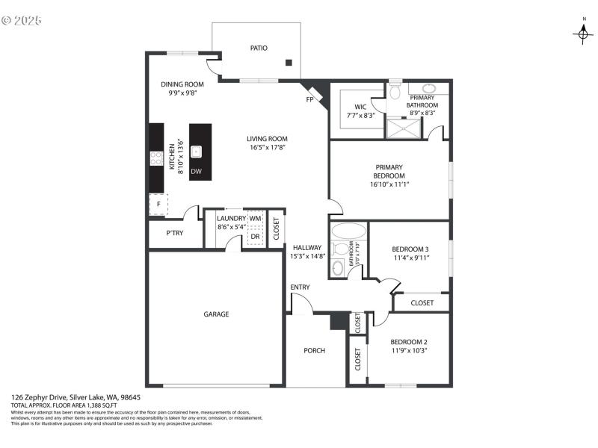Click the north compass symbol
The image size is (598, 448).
pos(583,33)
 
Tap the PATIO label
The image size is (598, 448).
pos(259,48)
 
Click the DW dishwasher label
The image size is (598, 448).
pos(196,172)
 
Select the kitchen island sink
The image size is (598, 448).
pos(197,152)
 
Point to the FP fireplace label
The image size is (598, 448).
pos(309,99)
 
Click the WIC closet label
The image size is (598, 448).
pos(360,106)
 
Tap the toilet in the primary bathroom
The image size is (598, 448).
pos(395,92)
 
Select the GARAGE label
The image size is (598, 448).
pos(216,314)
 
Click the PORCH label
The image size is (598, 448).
pos(314,350)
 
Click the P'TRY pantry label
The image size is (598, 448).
pos(175,233)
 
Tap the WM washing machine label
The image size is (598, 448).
pos(256,218)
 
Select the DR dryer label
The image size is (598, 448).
pos(255,236)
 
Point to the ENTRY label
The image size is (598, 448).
pos(300,287)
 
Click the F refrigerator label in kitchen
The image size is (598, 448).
pos(158,204)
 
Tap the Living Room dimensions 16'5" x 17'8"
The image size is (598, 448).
pos(267,147)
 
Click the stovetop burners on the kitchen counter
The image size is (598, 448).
pos(157,158)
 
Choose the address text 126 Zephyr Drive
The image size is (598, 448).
pos(39,397)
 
